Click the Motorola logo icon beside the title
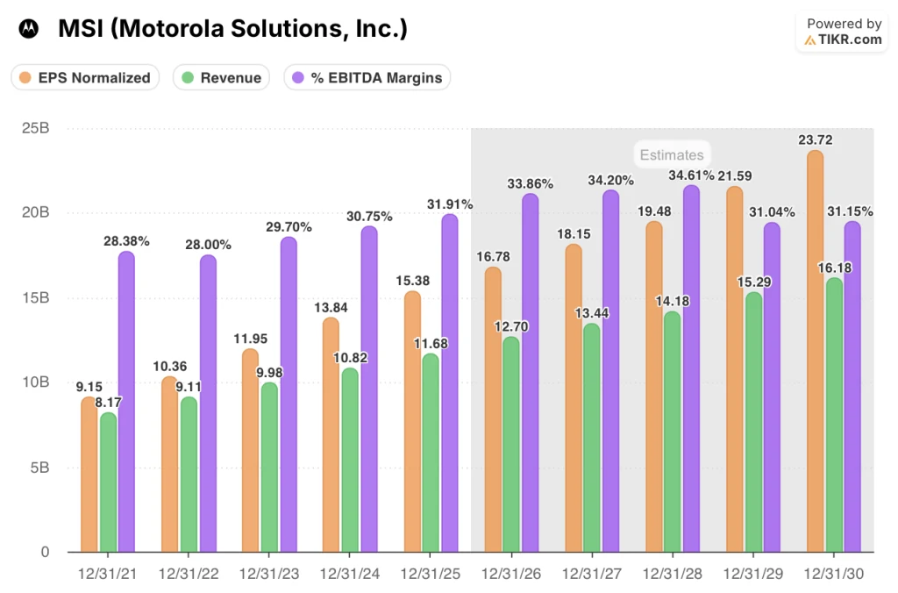point(29,29)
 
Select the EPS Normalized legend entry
point(86,77)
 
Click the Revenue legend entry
point(221,77)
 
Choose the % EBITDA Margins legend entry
point(367,77)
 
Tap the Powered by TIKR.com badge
point(843,32)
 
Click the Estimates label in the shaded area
point(671,155)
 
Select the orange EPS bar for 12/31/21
point(89,475)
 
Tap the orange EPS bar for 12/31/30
point(815,352)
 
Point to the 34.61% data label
point(689,175)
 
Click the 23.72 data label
point(815,140)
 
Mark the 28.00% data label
point(208,245)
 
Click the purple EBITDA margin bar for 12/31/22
point(208,404)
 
